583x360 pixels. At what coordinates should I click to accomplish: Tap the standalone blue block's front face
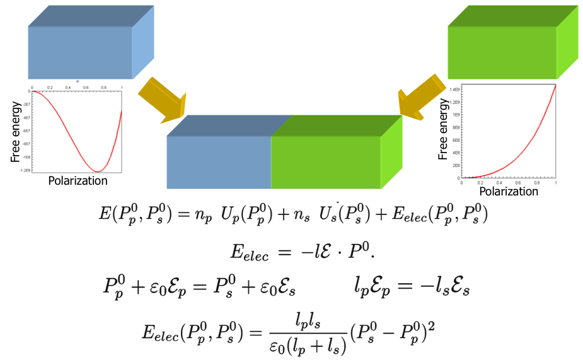click(80, 53)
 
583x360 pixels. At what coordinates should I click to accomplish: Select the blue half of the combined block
click(219, 162)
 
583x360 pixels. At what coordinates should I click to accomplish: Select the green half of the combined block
click(326, 162)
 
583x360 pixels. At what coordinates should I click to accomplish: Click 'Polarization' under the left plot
click(78, 181)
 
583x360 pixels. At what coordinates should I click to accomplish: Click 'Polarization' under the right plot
click(509, 191)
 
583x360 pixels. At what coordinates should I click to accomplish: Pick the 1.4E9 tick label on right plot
click(455, 90)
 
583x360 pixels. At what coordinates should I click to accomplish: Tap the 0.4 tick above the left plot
click(68, 88)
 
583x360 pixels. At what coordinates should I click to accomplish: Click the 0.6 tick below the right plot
click(518, 183)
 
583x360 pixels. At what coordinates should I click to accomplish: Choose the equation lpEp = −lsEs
click(411, 287)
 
